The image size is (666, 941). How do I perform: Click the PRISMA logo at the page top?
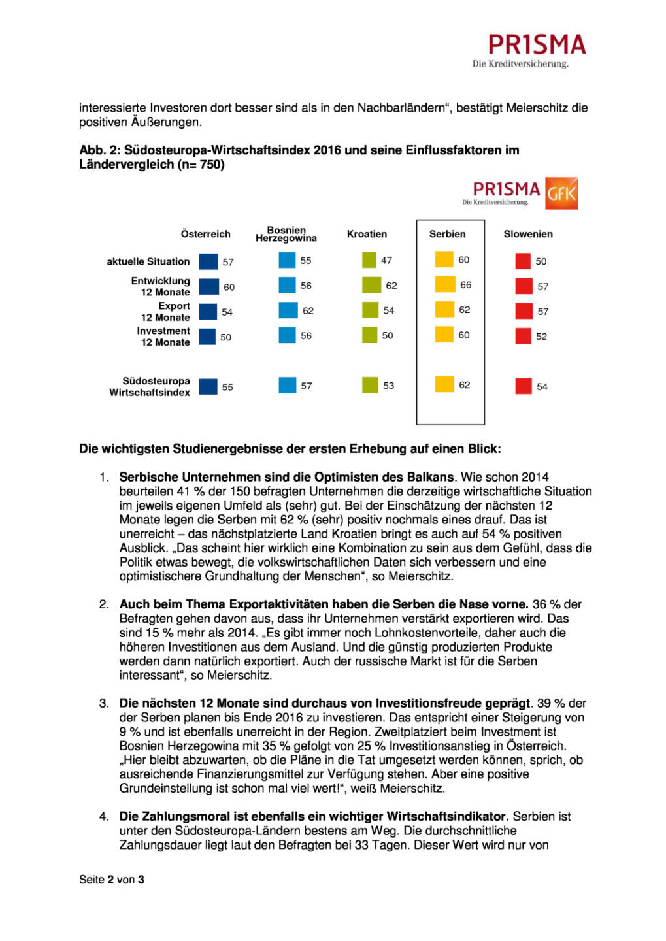click(x=536, y=49)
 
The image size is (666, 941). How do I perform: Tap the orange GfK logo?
click(x=561, y=193)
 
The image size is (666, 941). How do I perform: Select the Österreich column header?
click(x=205, y=234)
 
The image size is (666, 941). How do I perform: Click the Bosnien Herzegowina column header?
click(x=286, y=234)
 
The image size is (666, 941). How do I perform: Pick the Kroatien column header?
click(x=367, y=234)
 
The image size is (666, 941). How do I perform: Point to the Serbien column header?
click(x=448, y=234)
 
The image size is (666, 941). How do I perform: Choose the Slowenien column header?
click(x=528, y=234)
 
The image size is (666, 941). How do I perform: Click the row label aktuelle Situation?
click(x=148, y=261)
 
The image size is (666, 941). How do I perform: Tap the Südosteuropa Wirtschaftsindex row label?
click(x=150, y=386)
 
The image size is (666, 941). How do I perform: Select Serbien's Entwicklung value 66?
click(x=465, y=285)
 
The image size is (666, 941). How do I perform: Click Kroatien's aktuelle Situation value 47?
click(x=386, y=260)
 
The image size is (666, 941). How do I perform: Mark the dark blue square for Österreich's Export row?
click(x=208, y=312)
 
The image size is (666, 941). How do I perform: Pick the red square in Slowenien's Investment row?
click(x=523, y=336)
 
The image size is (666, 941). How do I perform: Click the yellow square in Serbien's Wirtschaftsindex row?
click(x=444, y=384)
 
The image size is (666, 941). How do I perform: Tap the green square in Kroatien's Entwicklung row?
click(x=370, y=285)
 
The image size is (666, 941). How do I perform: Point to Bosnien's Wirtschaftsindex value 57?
click(x=307, y=386)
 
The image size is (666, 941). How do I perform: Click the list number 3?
click(x=104, y=703)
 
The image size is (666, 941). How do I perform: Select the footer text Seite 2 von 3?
click(x=112, y=880)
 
